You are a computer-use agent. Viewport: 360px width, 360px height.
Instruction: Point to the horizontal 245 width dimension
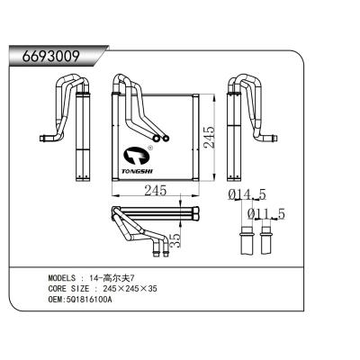point(156,190)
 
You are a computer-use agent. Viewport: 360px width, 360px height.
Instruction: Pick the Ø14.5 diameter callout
point(247,193)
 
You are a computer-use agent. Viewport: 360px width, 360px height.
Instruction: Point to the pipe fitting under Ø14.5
point(244,241)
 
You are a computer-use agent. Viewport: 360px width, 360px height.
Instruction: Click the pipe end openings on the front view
point(161,138)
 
